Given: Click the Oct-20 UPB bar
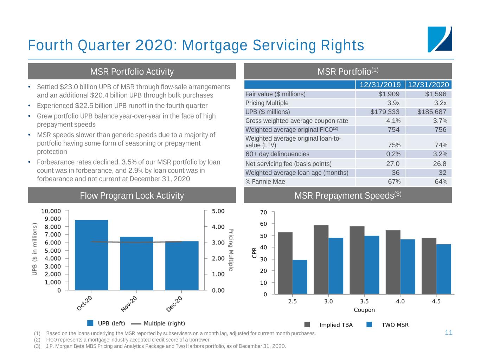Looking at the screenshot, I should pos(91,255).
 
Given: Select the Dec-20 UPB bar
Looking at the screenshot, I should pos(182,265).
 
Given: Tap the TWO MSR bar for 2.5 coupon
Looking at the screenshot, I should pos(300,277).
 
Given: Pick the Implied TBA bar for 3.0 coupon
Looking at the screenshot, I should pos(321,259).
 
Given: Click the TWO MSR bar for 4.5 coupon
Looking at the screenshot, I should pos(443,269).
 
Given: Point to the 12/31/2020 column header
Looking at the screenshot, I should pos(428,85).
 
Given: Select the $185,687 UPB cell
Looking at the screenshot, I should pos(431,112).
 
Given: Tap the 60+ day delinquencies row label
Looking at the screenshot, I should pos(277,154).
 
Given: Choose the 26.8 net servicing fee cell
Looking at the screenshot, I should pos(440,163).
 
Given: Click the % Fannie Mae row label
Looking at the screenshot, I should pos(265,182).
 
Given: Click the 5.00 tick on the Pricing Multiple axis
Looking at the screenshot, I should pos(218,211).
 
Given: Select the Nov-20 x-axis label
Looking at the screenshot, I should pos(129,304).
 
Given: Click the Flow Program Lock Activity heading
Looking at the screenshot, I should pos(132,195).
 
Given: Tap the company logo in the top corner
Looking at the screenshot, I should pos(440,39).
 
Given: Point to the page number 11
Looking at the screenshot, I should pos(448,333).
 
